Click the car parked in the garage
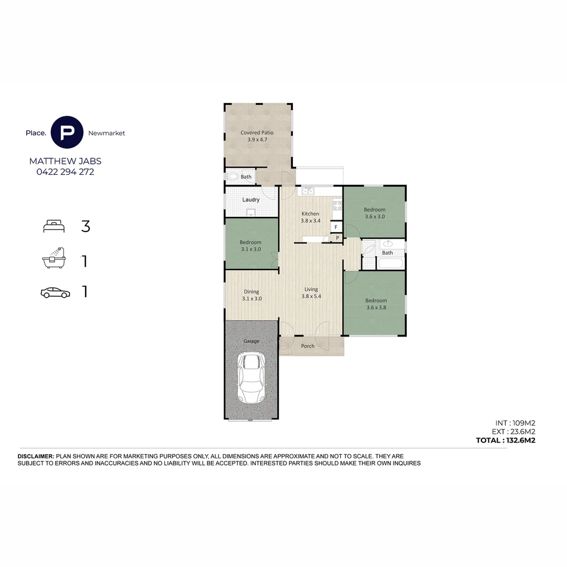click(x=251, y=378)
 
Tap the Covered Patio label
click(x=257, y=136)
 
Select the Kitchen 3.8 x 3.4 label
click(x=310, y=217)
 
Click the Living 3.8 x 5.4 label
click(x=311, y=293)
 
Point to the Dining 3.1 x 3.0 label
click(x=251, y=295)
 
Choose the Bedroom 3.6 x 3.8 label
click(x=376, y=304)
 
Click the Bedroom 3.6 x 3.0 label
click(x=374, y=213)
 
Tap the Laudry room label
click(x=251, y=200)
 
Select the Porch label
click(x=308, y=346)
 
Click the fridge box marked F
click(x=336, y=227)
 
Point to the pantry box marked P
click(x=338, y=238)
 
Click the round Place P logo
click(x=67, y=132)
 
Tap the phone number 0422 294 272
click(x=65, y=172)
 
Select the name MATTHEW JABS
click(x=65, y=161)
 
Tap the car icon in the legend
click(x=55, y=292)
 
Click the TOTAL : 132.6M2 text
click(x=505, y=440)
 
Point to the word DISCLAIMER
click(x=36, y=457)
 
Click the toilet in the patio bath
click(x=233, y=177)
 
